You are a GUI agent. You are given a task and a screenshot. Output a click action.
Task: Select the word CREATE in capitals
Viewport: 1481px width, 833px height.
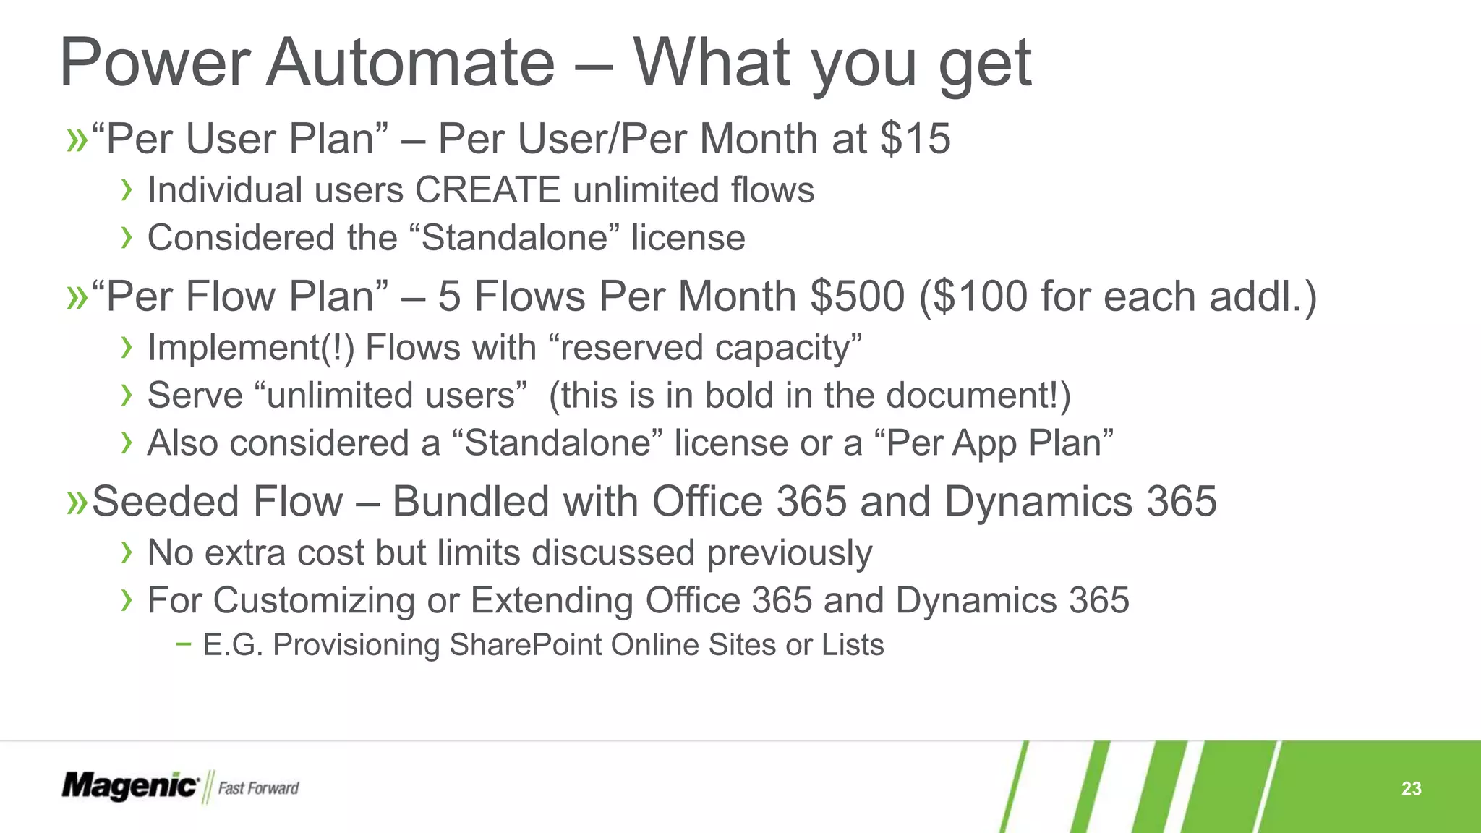click(487, 190)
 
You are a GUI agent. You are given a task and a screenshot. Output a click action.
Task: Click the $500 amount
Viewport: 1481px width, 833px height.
click(857, 296)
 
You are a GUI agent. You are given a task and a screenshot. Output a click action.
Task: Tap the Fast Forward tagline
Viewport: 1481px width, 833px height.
click(258, 788)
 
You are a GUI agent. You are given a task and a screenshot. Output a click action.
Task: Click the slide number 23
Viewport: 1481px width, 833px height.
click(1411, 788)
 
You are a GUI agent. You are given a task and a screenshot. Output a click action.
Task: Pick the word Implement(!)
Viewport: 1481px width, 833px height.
click(251, 348)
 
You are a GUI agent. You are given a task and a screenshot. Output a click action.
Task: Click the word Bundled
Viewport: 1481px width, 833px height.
click(469, 502)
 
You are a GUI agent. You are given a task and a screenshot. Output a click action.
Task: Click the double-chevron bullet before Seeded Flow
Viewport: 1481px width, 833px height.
click(77, 502)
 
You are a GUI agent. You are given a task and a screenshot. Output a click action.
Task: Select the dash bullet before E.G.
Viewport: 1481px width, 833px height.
click(184, 644)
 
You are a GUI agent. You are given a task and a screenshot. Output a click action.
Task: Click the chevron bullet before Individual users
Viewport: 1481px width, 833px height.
click(127, 190)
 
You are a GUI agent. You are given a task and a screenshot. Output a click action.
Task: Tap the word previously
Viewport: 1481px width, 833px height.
click(789, 553)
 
